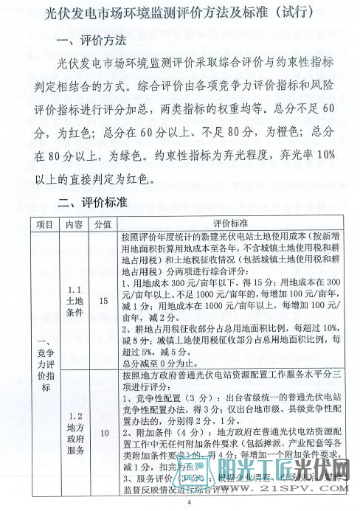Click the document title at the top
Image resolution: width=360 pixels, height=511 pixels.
[x=179, y=14]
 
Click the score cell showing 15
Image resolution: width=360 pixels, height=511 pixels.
[x=103, y=300]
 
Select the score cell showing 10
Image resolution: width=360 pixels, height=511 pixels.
[x=103, y=432]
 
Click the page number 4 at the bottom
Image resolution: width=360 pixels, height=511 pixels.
[x=189, y=503]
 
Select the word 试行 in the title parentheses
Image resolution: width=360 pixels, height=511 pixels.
[x=292, y=14]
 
